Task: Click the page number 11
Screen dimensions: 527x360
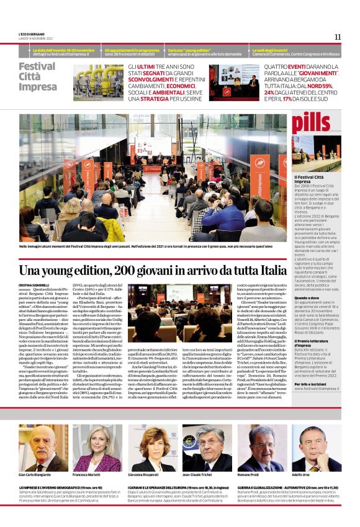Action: pyautogui.click(x=337, y=37)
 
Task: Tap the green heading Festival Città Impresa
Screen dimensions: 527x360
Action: pyautogui.click(x=37, y=76)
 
